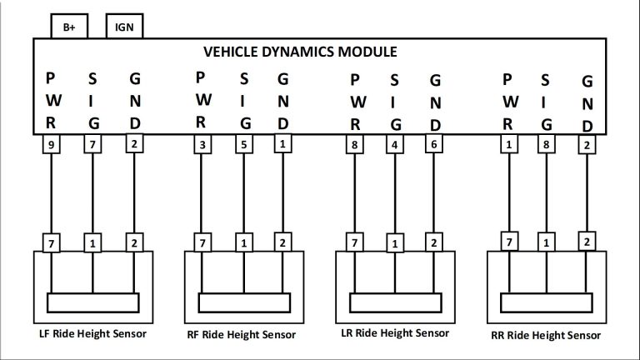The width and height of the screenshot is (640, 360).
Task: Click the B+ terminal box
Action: pos(68,27)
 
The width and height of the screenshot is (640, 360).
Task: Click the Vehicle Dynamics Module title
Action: pos(300,52)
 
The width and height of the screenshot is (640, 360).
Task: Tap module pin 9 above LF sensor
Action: pos(52,144)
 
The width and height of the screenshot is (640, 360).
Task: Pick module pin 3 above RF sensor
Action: pos(202,144)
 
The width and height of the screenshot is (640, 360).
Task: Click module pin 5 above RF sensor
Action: pos(244,144)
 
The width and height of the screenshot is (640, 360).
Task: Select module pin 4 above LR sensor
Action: pos(393,144)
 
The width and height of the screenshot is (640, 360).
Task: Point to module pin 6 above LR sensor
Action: pos(434,144)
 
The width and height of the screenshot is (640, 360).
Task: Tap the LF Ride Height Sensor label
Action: pos(92,334)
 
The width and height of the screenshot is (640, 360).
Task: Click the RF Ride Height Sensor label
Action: pos(242,335)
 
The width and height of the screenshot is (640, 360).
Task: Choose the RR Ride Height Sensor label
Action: pos(545,335)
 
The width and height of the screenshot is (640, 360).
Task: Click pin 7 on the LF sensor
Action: pos(52,243)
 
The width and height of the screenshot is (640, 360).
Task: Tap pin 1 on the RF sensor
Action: pos(244,243)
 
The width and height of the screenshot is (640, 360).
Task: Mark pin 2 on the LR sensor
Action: pos(434,243)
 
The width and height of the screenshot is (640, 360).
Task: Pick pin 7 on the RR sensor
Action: pos(507,242)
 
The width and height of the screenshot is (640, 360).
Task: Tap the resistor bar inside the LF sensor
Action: pos(92,301)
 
